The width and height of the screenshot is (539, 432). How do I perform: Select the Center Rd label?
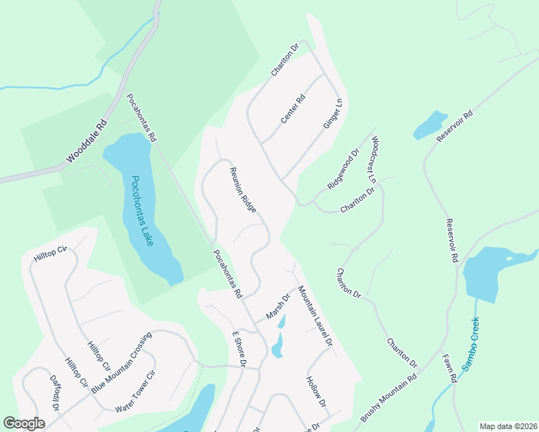(x=293, y=109)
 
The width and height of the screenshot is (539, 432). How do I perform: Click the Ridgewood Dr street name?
(x=342, y=170)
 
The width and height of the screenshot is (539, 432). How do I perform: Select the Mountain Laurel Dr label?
(x=315, y=317)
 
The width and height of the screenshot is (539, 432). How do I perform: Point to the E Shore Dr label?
(x=239, y=349)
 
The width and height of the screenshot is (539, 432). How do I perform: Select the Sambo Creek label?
(x=470, y=343)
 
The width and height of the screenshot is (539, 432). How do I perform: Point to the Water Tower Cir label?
(x=135, y=392)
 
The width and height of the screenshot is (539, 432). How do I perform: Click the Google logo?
(x=24, y=423)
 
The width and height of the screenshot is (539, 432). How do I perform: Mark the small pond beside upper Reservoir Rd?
(x=430, y=125)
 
